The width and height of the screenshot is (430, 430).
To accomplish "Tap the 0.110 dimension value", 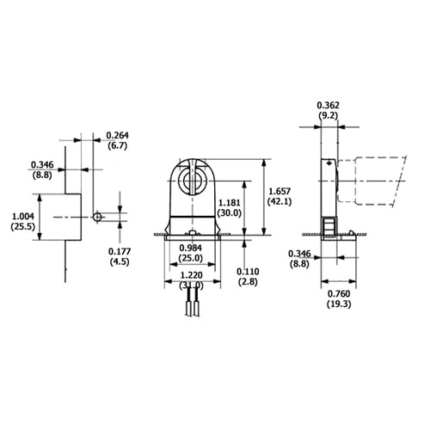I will pyautogui.click(x=249, y=270).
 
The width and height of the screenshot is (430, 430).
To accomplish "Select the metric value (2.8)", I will pyautogui.click(x=249, y=282).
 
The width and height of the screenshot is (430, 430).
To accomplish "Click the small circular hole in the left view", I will pyautogui.click(x=100, y=217).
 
